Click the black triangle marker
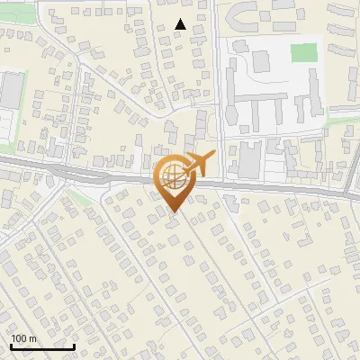(x=181, y=25)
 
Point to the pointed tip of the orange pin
(x=173, y=210)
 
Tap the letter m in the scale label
(x=33, y=338)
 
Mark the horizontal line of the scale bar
(x=42, y=346)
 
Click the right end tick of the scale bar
(x=74, y=345)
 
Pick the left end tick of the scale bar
(x=11, y=345)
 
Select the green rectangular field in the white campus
(x=304, y=52)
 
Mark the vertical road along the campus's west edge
(x=219, y=90)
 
